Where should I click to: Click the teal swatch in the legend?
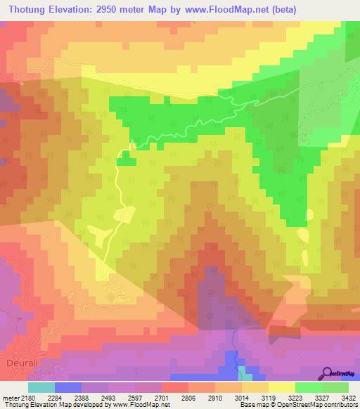[41, 387]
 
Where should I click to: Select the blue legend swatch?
[67, 387]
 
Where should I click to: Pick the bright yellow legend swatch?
[281, 387]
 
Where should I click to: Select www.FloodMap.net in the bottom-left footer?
[141, 405]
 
